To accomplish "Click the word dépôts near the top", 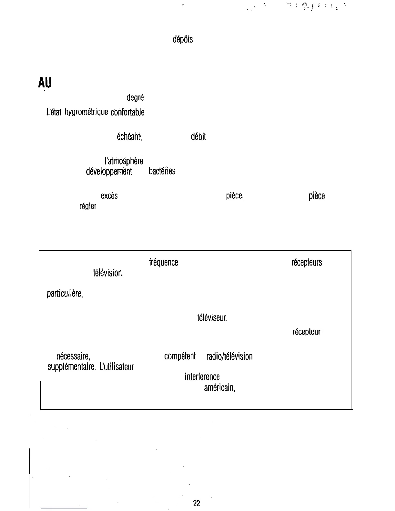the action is [x=183, y=40].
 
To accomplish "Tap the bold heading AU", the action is [x=45, y=83].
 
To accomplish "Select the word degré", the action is [x=135, y=98].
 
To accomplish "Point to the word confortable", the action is [x=127, y=112].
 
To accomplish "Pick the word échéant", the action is [x=129, y=137].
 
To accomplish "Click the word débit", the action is [x=198, y=137].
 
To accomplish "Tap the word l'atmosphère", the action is [x=124, y=160].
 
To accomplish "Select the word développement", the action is [x=109, y=171].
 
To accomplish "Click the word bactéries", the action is [x=162, y=171].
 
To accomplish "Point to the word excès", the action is [x=109, y=196].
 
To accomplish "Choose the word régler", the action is [x=88, y=206].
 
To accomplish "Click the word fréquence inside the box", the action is [x=163, y=263].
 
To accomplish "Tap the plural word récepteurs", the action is [x=306, y=263].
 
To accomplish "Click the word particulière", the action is [x=65, y=294].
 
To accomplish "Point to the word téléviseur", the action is [x=212, y=318].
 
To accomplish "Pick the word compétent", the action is [x=180, y=356].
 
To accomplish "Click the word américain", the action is [x=219, y=388].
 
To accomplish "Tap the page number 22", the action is [x=197, y=503].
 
